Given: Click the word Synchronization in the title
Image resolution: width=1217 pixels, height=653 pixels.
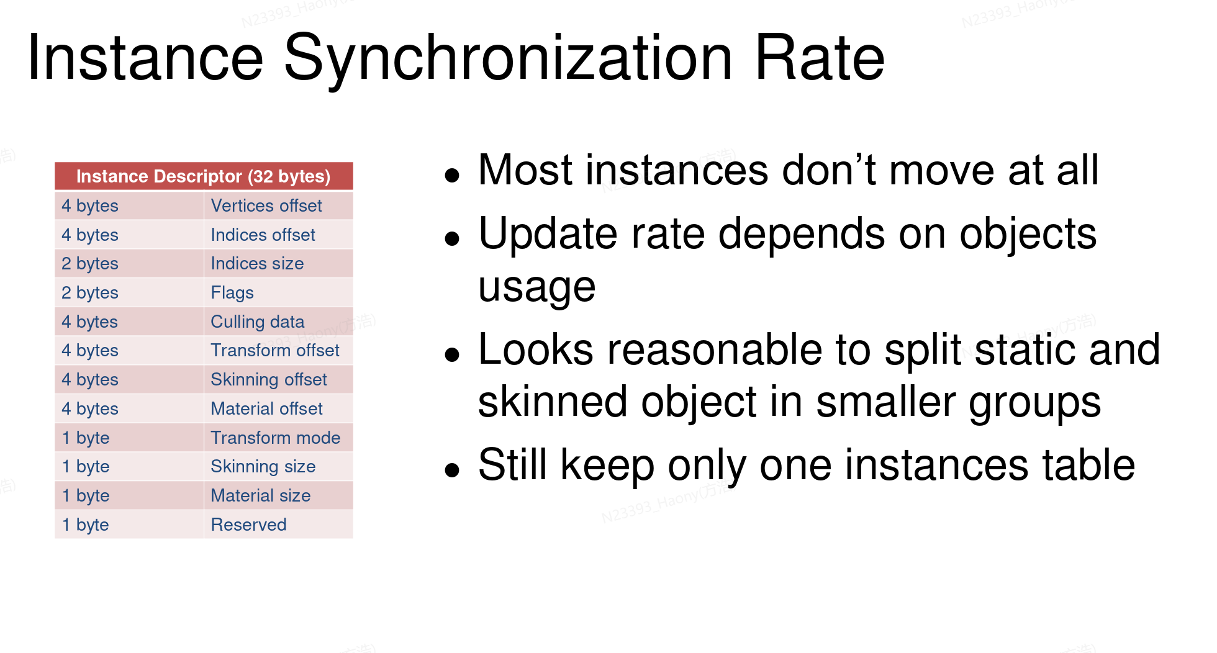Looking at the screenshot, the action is pyautogui.click(x=508, y=60).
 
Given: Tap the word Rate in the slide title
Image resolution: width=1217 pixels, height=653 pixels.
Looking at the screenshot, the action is pyautogui.click(x=820, y=57).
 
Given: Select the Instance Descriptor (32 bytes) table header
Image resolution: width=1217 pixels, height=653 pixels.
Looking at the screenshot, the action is pyautogui.click(x=204, y=176).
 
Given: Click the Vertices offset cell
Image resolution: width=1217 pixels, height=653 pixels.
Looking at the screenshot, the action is pyautogui.click(x=278, y=205).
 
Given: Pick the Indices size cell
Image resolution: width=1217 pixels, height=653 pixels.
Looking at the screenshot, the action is pyautogui.click(x=278, y=263).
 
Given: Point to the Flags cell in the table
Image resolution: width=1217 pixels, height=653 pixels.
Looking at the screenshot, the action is pyautogui.click(x=278, y=292).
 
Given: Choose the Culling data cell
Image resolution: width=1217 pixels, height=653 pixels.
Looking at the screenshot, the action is pyautogui.click(x=278, y=322).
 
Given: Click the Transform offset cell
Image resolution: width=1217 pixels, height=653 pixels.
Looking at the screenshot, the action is pyautogui.click(x=278, y=350).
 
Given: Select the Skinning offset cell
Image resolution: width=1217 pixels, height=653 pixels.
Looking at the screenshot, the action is pyautogui.click(x=278, y=379).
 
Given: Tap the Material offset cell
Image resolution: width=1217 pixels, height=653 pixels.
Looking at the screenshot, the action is pyautogui.click(x=278, y=408).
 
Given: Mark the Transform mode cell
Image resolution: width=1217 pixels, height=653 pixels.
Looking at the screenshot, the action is pyautogui.click(x=278, y=438).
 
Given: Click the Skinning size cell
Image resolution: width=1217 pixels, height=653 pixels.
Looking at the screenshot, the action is pyautogui.click(x=278, y=466).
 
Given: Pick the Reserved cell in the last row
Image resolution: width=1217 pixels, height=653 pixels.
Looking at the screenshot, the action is pyautogui.click(x=278, y=525).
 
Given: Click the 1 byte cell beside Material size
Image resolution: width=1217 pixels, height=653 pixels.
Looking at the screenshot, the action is pyautogui.click(x=129, y=495).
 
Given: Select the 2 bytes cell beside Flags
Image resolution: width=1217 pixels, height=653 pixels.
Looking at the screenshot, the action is pyautogui.click(x=129, y=292).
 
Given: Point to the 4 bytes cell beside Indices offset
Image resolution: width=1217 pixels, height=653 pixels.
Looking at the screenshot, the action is pyautogui.click(x=129, y=235).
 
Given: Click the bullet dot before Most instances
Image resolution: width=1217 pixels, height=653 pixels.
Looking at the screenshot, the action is pyautogui.click(x=452, y=176).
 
